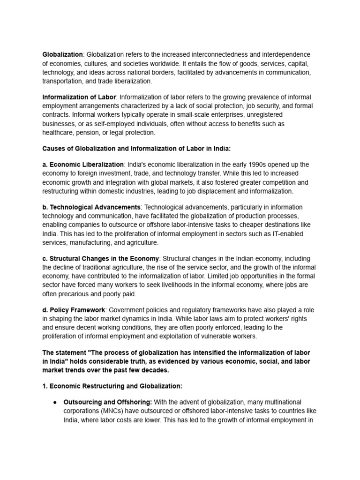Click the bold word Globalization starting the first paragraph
pyautogui.click(x=63, y=55)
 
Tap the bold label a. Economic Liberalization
pyautogui.click(x=83, y=165)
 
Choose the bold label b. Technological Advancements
pyautogui.click(x=91, y=207)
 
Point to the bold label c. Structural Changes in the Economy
pyautogui.click(x=101, y=259)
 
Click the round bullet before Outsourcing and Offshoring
pyautogui.click(x=55, y=402)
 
